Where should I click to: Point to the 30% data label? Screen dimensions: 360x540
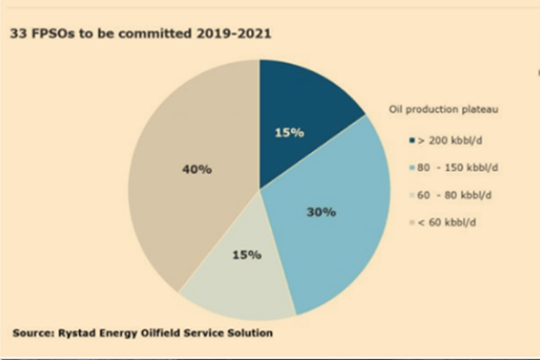coord(320,212)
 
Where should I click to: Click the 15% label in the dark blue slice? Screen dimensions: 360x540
coord(289,132)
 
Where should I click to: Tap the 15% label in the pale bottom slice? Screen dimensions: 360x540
coord(247,255)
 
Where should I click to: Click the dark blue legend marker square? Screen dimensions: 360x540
coord(412,140)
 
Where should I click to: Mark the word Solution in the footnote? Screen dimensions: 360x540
coord(247,333)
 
